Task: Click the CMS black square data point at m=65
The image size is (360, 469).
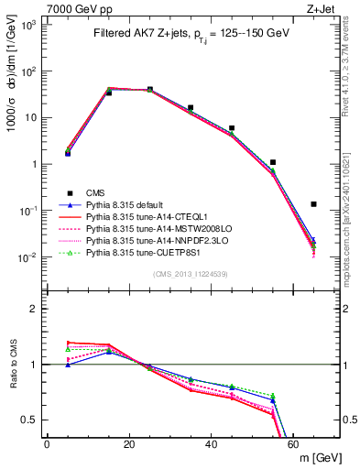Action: pos(314,204)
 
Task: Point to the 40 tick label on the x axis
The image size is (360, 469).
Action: pos(211,442)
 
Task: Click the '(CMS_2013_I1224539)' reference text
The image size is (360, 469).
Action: pos(191,273)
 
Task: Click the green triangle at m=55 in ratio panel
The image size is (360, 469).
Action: pos(273,396)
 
